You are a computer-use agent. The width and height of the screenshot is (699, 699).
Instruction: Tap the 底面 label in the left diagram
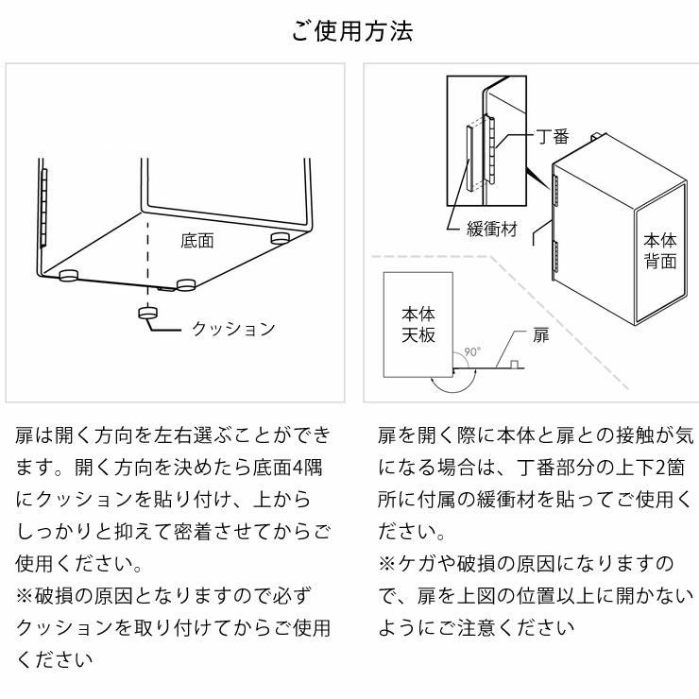click(196, 241)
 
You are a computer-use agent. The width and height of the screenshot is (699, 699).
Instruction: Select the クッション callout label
click(232, 329)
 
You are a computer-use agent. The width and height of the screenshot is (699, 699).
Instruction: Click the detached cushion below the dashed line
click(147, 314)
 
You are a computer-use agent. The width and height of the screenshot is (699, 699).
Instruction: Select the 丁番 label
click(553, 137)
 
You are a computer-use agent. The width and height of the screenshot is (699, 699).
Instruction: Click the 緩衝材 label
click(491, 230)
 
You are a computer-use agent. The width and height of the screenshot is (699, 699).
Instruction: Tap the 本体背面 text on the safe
click(660, 250)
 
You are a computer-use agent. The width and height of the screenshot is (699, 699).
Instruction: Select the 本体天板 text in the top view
click(418, 323)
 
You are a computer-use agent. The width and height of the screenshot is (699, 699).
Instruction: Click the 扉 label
click(540, 334)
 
